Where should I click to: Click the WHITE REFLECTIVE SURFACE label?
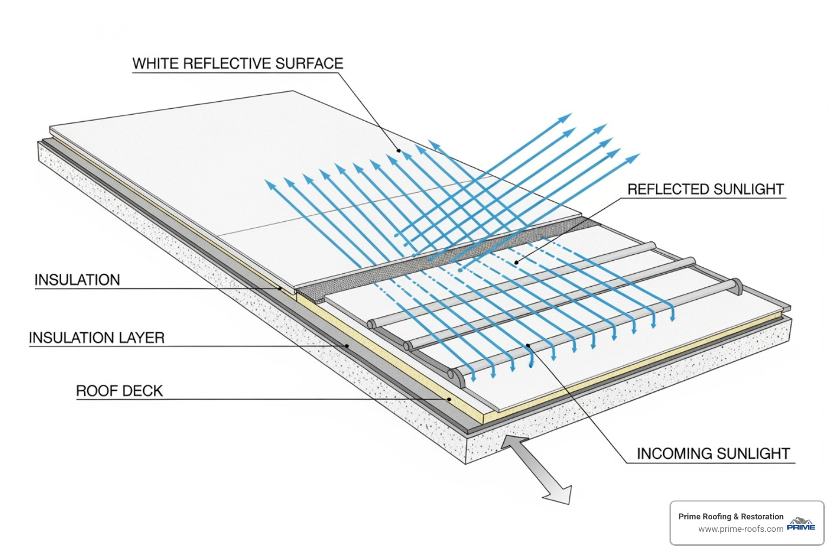click(238, 63)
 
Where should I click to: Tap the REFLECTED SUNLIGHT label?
click(705, 189)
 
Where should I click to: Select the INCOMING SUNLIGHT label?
click(713, 453)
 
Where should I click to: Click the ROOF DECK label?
click(119, 391)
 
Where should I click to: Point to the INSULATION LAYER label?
click(96, 338)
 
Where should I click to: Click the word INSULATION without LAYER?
click(77, 280)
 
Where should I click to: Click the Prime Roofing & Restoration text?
click(731, 517)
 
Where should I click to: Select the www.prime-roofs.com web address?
click(740, 529)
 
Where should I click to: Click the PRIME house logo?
click(801, 524)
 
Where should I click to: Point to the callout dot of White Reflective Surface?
click(399, 150)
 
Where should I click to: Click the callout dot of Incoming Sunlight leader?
click(528, 345)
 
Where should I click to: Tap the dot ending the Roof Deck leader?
click(449, 399)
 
